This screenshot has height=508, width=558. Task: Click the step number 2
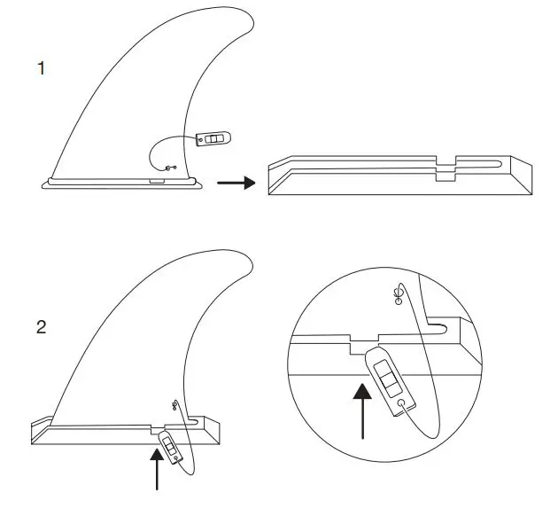click(41, 327)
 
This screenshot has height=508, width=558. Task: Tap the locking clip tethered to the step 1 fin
click(213, 139)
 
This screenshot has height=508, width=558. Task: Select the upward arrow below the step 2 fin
click(158, 468)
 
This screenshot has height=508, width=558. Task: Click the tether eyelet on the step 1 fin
click(171, 167)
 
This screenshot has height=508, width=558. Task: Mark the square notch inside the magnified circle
click(365, 338)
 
